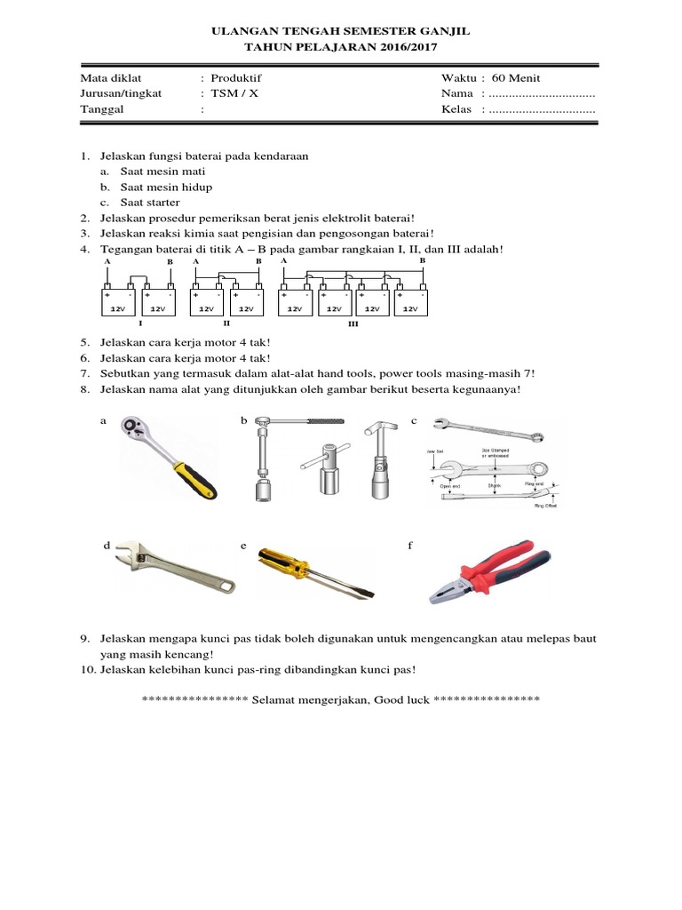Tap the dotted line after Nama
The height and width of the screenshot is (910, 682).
[541, 93]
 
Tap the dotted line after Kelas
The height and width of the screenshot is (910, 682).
[541, 109]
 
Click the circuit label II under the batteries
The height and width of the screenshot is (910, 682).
[226, 324]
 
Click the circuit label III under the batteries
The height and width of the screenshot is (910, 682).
[353, 325]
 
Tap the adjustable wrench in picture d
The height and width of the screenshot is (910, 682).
[174, 571]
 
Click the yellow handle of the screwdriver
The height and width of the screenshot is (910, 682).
[285, 562]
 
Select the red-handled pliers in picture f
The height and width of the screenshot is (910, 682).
[490, 571]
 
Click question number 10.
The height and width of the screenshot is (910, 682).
[86, 669]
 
